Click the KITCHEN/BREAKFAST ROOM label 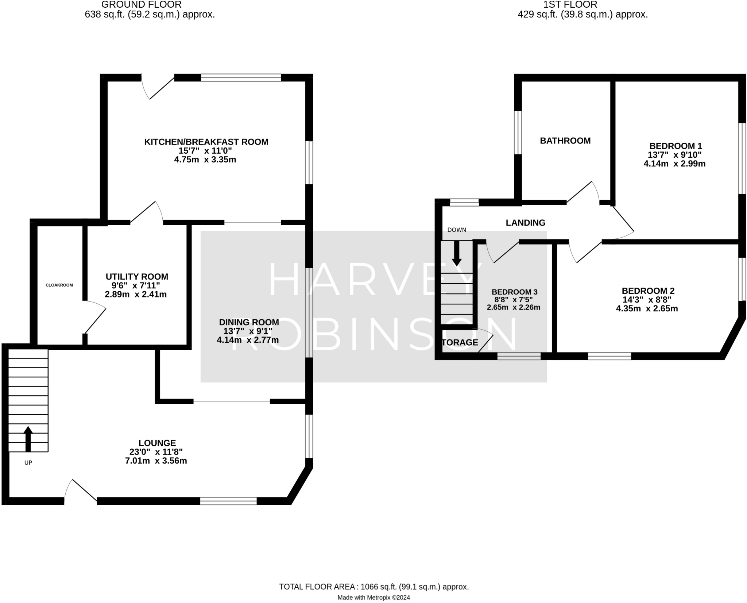tap(206, 142)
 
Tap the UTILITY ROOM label tap(137, 277)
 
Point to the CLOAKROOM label tap(59, 285)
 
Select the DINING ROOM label tap(249, 322)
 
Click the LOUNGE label tap(157, 443)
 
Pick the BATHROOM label tap(565, 141)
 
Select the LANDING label tap(525, 223)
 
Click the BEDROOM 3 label tap(514, 292)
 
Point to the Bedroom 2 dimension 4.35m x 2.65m tap(647, 309)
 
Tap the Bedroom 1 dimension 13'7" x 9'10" tap(674, 155)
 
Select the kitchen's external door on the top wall tap(158, 88)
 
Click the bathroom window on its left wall tap(518, 132)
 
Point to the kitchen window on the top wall tap(241, 77)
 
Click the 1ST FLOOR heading tap(570, 5)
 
